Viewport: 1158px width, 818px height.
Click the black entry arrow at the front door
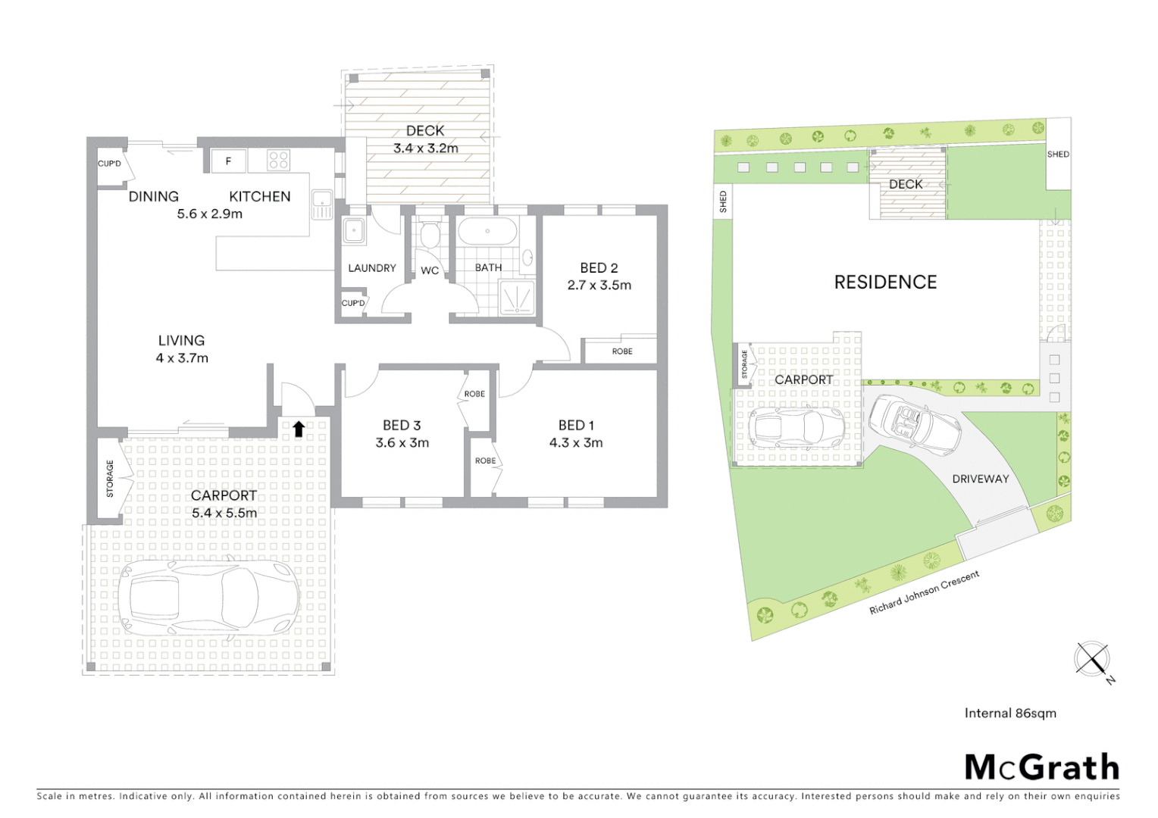pos(299,429)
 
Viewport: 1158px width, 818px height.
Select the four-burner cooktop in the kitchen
pos(279,160)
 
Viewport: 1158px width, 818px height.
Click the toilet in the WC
pos(430,236)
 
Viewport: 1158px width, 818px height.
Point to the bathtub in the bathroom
pos(488,231)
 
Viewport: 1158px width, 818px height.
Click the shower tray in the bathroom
pos(517,297)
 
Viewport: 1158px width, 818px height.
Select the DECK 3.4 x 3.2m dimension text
pos(425,148)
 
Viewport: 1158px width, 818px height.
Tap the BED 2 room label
pos(599,267)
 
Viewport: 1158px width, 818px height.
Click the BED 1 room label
pos(576,425)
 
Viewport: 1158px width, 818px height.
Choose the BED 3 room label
pos(402,425)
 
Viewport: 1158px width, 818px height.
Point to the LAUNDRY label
pos(371,268)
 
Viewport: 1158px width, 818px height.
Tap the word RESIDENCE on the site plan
pos(885,283)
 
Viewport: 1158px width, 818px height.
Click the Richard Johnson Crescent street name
pos(924,592)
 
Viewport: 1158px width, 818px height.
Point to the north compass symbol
pos(1093,658)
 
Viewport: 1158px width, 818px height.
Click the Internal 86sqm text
pos(1010,713)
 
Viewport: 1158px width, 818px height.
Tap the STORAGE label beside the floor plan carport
pos(110,479)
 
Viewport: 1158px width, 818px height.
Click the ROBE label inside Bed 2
pos(622,351)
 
